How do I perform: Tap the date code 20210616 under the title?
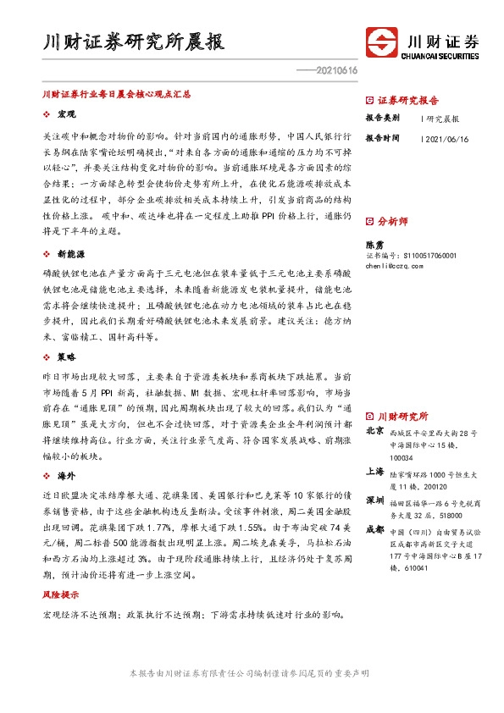pos(338,70)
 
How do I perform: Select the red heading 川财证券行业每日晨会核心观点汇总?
pos(117,96)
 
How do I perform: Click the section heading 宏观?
pos(67,113)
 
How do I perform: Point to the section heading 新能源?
pos(70,253)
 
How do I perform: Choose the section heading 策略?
pos(67,357)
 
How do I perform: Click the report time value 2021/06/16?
pos(451,138)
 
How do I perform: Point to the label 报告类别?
pos(382,119)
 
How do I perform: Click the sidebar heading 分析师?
pos(392,221)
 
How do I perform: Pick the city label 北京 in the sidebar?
pos(374,431)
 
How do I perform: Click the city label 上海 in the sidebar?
pos(374,472)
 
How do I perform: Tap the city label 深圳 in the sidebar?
pos(374,500)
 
